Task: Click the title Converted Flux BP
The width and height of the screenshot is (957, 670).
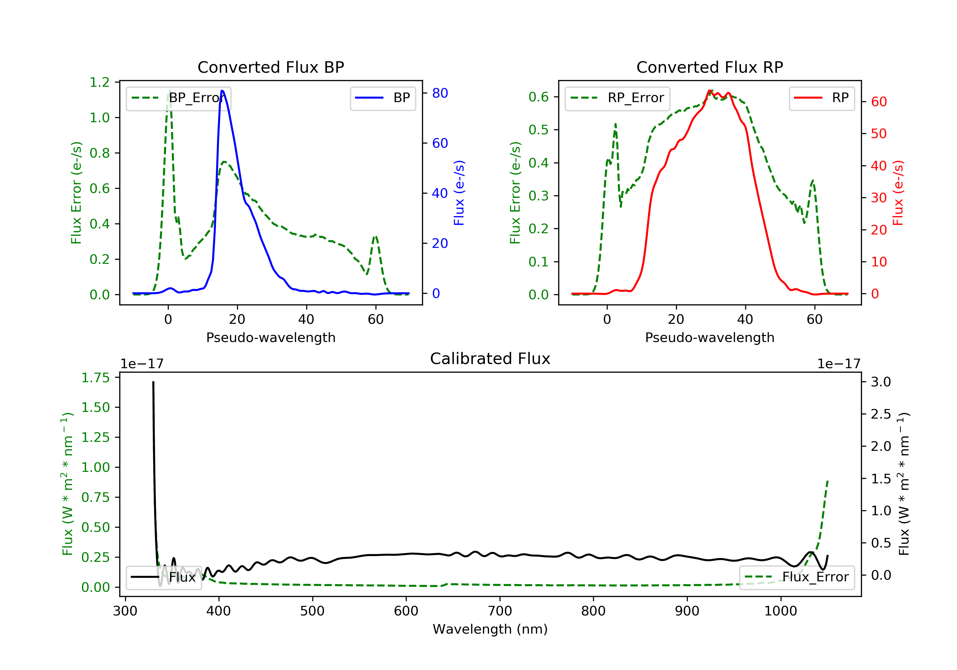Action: tap(271, 67)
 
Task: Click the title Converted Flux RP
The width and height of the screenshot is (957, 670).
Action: tap(709, 67)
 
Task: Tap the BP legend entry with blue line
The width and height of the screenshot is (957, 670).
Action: tap(382, 98)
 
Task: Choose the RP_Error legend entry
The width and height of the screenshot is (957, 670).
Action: tap(617, 98)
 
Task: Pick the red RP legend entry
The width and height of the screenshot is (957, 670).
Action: tap(821, 98)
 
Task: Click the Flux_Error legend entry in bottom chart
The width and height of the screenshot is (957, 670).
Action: tap(797, 577)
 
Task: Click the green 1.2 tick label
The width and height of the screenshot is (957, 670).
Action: tap(100, 82)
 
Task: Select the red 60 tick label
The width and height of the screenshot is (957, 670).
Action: tap(879, 102)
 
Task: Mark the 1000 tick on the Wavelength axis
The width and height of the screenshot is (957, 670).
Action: tap(780, 611)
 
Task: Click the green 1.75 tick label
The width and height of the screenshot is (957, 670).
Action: tap(95, 378)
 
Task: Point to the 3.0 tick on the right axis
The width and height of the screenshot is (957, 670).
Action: tap(881, 382)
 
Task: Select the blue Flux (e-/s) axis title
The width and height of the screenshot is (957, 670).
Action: tap(459, 193)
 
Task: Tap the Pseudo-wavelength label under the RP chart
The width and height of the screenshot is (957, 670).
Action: tap(709, 337)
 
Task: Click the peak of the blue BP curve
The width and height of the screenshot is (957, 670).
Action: tap(222, 91)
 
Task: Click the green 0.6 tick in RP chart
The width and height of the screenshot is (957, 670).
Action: tap(538, 97)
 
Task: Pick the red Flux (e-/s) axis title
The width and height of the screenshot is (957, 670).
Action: tap(898, 193)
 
